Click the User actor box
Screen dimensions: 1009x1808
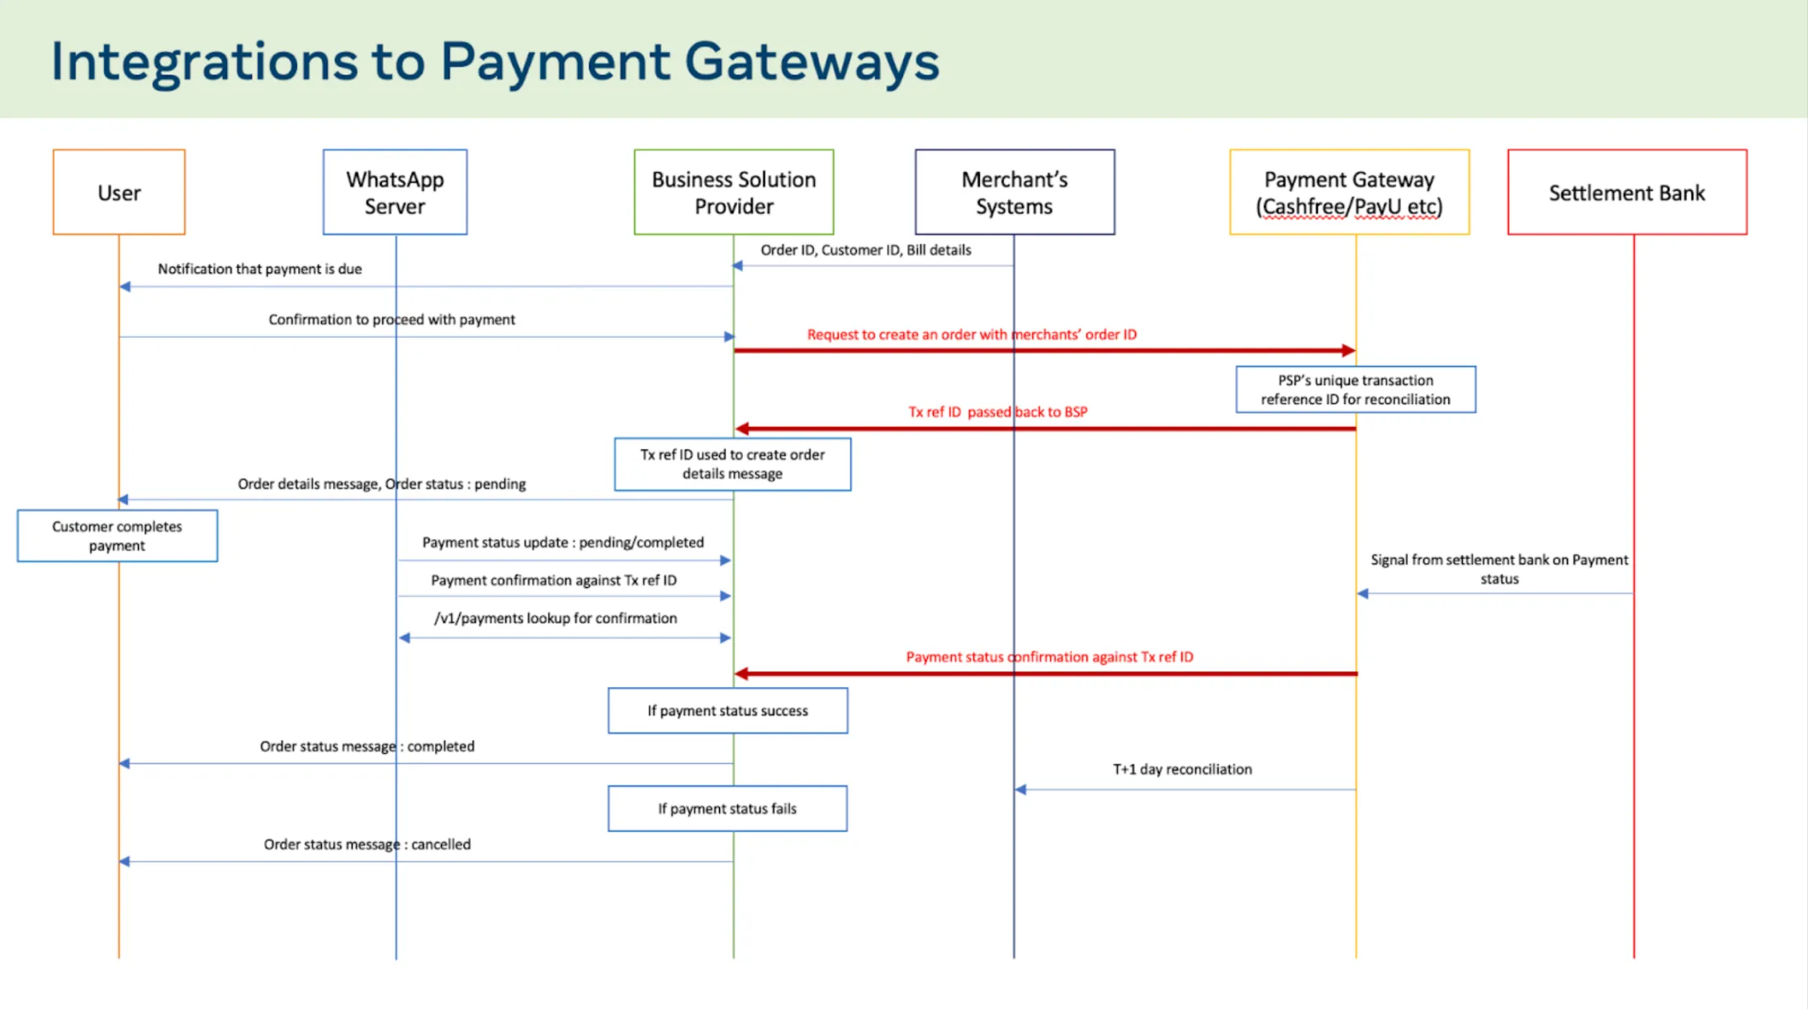pyautogui.click(x=119, y=192)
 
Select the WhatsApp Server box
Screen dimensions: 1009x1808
pyautogui.click(x=395, y=192)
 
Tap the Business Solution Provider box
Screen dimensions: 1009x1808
pyautogui.click(x=733, y=192)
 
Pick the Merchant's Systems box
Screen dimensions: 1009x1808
pyautogui.click(x=1014, y=192)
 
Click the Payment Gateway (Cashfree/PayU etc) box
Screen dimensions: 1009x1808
pyautogui.click(x=1349, y=192)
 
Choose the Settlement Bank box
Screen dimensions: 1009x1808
pyautogui.click(x=1626, y=192)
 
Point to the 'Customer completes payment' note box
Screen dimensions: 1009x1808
pyautogui.click(x=117, y=536)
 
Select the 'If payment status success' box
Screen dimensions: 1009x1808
pyautogui.click(x=727, y=710)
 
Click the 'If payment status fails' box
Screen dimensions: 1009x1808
pyautogui.click(x=727, y=808)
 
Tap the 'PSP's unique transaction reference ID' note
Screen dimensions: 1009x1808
pyautogui.click(x=1355, y=390)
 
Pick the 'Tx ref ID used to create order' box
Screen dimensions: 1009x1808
pyautogui.click(x=732, y=464)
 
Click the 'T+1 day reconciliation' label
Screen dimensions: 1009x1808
pyautogui.click(x=1181, y=770)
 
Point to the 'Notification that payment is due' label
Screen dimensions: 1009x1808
pyautogui.click(x=259, y=269)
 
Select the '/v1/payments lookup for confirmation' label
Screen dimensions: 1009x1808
pyautogui.click(x=555, y=618)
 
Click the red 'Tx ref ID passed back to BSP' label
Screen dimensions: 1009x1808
pyautogui.click(x=997, y=412)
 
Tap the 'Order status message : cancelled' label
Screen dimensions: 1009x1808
pyautogui.click(x=367, y=845)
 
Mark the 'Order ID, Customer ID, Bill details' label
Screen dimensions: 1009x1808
pyautogui.click(x=865, y=250)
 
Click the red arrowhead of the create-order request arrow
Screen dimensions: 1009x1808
pyautogui.click(x=1348, y=351)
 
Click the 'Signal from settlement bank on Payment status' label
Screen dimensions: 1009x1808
pyautogui.click(x=1498, y=569)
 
